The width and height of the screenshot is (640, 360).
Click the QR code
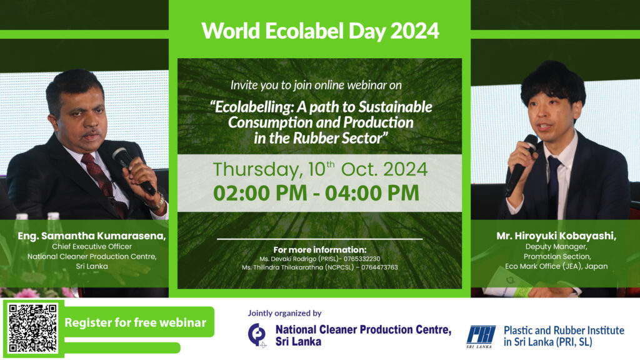tap(32, 328)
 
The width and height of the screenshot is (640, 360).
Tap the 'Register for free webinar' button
tap(135, 322)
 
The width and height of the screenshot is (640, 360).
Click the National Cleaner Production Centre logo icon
tap(256, 335)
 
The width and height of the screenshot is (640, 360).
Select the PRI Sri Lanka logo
tap(481, 335)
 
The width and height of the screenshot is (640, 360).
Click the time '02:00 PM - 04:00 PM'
tap(316, 192)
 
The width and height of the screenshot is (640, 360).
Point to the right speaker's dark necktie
tap(553, 181)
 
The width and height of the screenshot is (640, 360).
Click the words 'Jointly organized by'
tap(284, 313)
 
